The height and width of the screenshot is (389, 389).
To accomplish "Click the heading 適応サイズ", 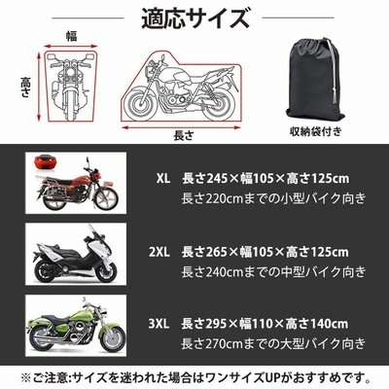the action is pos(195,18).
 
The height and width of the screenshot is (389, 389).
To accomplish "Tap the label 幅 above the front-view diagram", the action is pos(72,36).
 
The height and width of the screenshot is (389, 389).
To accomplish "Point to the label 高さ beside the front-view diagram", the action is pos(25,88).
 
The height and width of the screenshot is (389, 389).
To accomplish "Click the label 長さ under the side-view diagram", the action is pos(184,135).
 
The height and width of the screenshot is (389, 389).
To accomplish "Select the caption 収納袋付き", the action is pos(316,131).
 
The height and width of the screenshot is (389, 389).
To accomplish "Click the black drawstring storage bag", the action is pos(313,81).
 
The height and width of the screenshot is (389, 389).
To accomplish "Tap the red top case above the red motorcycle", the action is pos(45,161).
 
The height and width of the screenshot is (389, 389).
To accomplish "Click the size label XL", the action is pos(163,178).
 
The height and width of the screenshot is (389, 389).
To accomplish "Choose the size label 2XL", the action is pos(159,252).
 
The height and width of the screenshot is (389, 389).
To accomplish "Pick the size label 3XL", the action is pos(159,324).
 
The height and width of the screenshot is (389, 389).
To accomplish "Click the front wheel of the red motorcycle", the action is pos(105,197).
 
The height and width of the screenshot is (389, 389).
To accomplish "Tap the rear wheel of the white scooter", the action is pos(48,270).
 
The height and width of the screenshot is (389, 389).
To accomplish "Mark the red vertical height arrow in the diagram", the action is pos(39,86).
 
